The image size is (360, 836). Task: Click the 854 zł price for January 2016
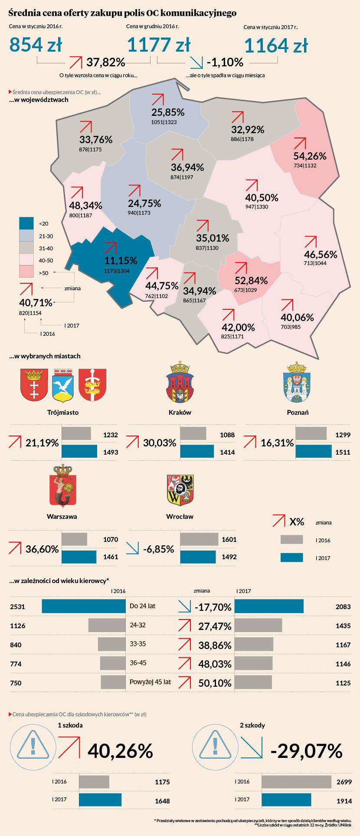[x=36, y=45]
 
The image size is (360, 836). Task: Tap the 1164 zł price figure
[x=276, y=46]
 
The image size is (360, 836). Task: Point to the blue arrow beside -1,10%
[x=196, y=63]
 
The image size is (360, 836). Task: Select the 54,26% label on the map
[x=310, y=156]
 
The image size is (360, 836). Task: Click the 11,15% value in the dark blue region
[x=121, y=260]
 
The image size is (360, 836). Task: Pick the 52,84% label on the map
[x=251, y=280]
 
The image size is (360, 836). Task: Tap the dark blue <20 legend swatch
[x=27, y=223]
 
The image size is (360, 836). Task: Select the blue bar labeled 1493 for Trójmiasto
[x=79, y=452]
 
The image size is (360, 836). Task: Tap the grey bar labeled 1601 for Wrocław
[x=199, y=539]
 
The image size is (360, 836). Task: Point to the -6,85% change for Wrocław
[x=159, y=549]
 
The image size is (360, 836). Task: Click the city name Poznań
[x=298, y=412]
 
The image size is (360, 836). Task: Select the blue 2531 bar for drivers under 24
[x=84, y=606]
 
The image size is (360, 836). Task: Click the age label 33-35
[x=138, y=644]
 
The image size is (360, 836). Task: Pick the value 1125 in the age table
[x=343, y=683]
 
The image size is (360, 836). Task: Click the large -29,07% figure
[x=306, y=751]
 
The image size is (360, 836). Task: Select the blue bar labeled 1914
[x=286, y=800]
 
